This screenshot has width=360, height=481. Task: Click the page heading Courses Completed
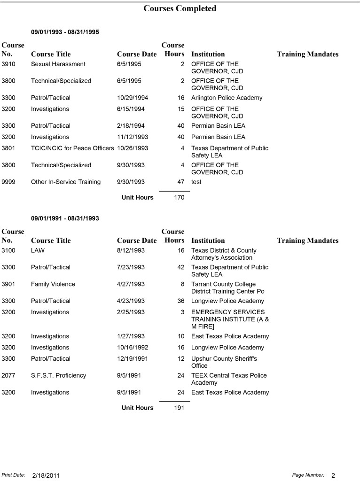click(180, 8)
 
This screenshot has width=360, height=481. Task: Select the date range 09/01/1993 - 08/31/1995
click(65, 32)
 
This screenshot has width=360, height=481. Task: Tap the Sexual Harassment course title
click(58, 64)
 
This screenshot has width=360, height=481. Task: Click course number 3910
click(8, 64)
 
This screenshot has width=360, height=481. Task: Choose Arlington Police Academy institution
click(227, 98)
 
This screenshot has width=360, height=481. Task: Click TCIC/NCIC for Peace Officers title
click(72, 148)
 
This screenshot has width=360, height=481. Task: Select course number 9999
click(8, 182)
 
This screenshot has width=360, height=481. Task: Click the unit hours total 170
click(179, 198)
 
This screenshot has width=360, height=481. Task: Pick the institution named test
click(196, 182)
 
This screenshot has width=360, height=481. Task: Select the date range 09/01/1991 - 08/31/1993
click(65, 218)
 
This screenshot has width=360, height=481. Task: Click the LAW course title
click(38, 250)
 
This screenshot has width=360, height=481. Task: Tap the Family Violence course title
click(53, 284)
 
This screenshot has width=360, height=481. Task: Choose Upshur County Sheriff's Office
click(224, 362)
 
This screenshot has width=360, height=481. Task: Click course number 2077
click(8, 375)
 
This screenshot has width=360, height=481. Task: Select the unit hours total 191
click(179, 408)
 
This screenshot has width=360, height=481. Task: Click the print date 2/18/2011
click(46, 475)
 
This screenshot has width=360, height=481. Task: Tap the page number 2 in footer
click(333, 475)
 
